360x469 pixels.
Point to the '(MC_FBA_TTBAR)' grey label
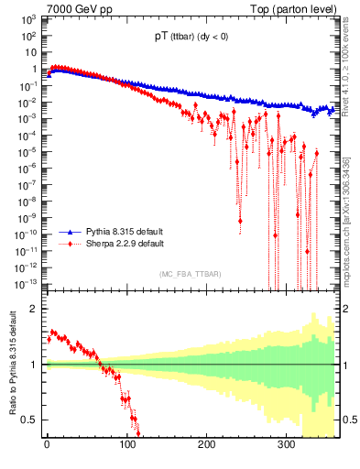(190, 275)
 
